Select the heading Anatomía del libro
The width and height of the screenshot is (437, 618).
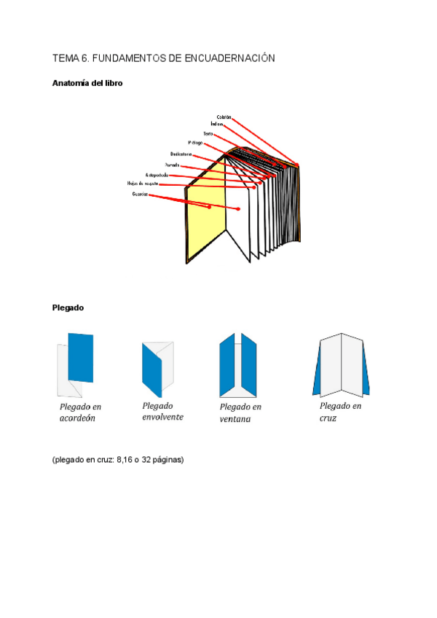click(87, 83)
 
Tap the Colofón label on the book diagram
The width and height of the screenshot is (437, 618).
click(224, 117)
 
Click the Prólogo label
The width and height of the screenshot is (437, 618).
click(195, 143)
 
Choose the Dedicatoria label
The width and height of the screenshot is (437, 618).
click(181, 154)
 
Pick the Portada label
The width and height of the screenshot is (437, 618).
click(172, 165)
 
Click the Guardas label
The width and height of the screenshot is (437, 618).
click(141, 195)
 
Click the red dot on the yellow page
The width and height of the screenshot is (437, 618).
click(209, 207)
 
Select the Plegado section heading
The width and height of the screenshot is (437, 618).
click(68, 308)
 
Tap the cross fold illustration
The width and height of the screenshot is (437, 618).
click(341, 364)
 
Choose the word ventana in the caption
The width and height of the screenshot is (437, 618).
click(235, 419)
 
